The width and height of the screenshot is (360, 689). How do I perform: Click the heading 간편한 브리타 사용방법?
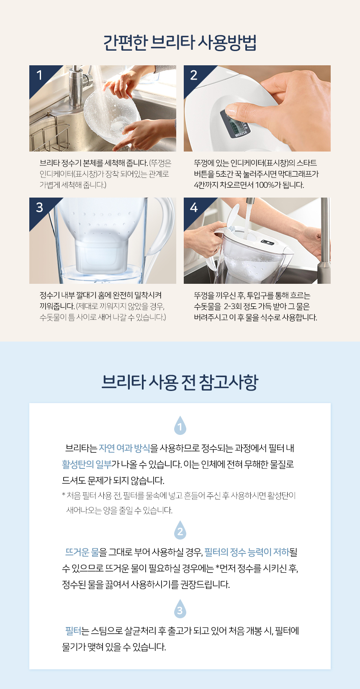click(x=180, y=43)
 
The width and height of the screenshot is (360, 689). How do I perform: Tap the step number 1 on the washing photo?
click(x=39, y=75)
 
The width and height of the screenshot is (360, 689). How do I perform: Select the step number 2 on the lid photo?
click(x=193, y=75)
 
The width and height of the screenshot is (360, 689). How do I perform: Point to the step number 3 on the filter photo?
click(x=39, y=208)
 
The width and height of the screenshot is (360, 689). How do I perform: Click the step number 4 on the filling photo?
click(x=194, y=208)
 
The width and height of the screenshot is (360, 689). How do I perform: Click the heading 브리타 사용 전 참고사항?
click(x=180, y=382)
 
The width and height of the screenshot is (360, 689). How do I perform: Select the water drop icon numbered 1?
click(x=180, y=426)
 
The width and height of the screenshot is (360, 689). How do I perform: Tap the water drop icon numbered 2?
click(x=180, y=530)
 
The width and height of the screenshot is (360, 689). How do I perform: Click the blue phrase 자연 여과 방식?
click(x=124, y=448)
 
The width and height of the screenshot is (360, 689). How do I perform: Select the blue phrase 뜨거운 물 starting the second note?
click(x=82, y=553)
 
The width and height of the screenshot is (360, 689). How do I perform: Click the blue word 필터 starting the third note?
click(x=73, y=631)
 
